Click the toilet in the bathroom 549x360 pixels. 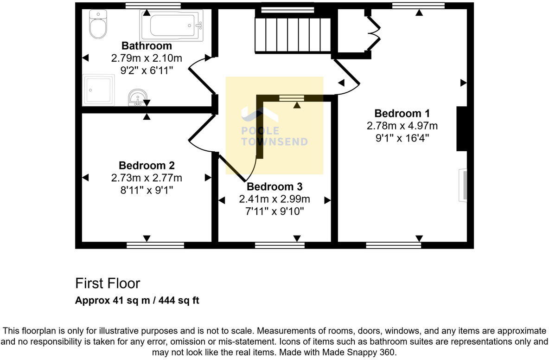(x=98, y=24)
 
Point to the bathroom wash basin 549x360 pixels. (x=138, y=98)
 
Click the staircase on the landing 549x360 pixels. (x=293, y=35)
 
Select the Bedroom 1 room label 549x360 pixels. (x=402, y=113)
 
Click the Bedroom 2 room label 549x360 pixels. (x=147, y=165)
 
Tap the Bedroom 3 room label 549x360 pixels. (x=274, y=186)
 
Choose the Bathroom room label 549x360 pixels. (x=147, y=46)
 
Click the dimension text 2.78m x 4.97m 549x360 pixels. (x=402, y=126)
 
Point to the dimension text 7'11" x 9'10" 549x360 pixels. (x=274, y=211)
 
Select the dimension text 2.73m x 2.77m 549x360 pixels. (x=147, y=178)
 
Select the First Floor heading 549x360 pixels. (x=108, y=283)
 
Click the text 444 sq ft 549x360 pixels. (x=179, y=300)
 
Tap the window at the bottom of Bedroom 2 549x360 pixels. (x=155, y=245)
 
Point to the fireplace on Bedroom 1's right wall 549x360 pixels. (x=463, y=186)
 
